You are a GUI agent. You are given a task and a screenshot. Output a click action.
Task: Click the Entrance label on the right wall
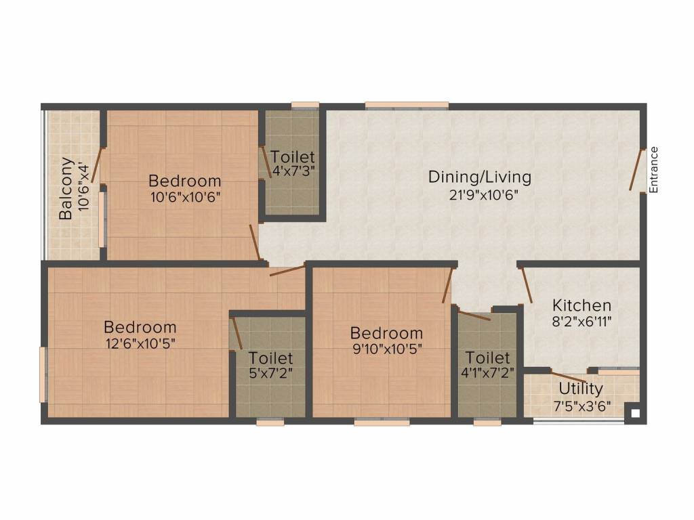click(653, 170)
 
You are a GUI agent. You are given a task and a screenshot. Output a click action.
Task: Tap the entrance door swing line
click(636, 169)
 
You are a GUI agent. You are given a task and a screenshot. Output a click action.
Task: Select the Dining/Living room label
click(479, 177)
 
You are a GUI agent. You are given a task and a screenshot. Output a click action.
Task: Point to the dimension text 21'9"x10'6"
click(479, 196)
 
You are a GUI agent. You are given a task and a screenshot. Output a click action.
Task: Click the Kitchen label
click(581, 305)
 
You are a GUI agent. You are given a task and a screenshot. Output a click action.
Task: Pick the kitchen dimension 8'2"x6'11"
click(581, 322)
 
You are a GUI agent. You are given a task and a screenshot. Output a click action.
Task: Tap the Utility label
click(581, 389)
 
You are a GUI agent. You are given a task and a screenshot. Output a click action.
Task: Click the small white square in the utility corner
click(634, 412)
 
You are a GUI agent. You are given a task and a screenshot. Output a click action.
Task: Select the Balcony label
click(66, 188)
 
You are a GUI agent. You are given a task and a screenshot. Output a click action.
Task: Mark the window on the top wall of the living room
click(407, 105)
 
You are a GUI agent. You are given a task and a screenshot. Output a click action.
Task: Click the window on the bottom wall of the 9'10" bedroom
click(382, 422)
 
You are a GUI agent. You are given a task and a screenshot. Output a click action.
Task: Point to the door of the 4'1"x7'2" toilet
click(474, 315)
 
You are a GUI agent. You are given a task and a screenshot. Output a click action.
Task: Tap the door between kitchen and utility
click(568, 378)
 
